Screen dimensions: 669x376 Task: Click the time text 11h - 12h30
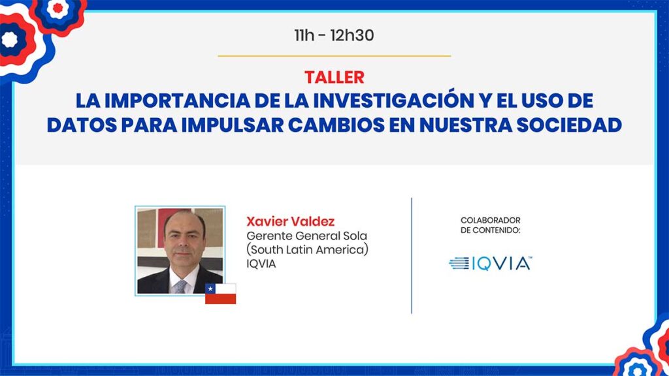click(x=334, y=35)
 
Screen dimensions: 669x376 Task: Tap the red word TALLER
click(x=334, y=77)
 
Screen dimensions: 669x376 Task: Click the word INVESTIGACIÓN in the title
click(x=393, y=100)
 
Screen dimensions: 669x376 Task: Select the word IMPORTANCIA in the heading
click(x=177, y=101)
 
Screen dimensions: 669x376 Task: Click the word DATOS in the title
click(x=82, y=125)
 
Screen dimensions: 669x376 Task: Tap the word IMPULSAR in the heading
click(x=232, y=125)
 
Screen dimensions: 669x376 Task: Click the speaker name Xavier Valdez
click(x=291, y=221)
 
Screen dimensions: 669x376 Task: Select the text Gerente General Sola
click(x=307, y=236)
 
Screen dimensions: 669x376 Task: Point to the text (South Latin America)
click(x=307, y=249)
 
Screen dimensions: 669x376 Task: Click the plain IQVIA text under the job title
click(x=261, y=264)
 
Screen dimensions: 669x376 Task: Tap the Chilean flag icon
click(x=221, y=294)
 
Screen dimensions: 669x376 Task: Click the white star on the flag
click(x=210, y=289)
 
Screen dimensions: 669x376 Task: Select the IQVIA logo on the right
click(x=491, y=264)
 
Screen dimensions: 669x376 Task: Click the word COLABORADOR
click(x=491, y=221)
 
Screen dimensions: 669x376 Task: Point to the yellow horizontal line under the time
click(x=334, y=56)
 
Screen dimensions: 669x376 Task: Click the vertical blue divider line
click(x=412, y=256)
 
